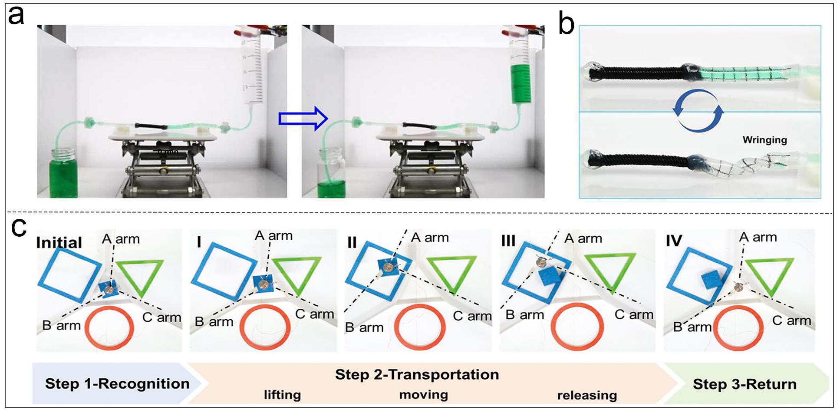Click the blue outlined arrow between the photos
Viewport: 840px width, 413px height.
tap(303, 119)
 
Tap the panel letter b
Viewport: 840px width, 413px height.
tap(566, 25)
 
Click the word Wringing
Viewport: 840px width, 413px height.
tap(764, 140)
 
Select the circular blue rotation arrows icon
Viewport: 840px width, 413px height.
tap(698, 110)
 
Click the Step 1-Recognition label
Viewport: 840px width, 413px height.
tap(117, 384)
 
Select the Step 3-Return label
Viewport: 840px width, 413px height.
tap(744, 384)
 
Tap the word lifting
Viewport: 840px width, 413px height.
tap(282, 395)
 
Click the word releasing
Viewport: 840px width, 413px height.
tap(587, 396)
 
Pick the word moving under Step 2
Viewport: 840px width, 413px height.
tap(423, 395)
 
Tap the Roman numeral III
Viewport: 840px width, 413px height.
tap(508, 241)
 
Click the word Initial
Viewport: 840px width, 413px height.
tap(59, 242)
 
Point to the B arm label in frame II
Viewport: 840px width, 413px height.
tap(364, 327)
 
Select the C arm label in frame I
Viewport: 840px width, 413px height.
tap(314, 314)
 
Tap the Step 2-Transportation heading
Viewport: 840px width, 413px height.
tap(417, 374)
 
